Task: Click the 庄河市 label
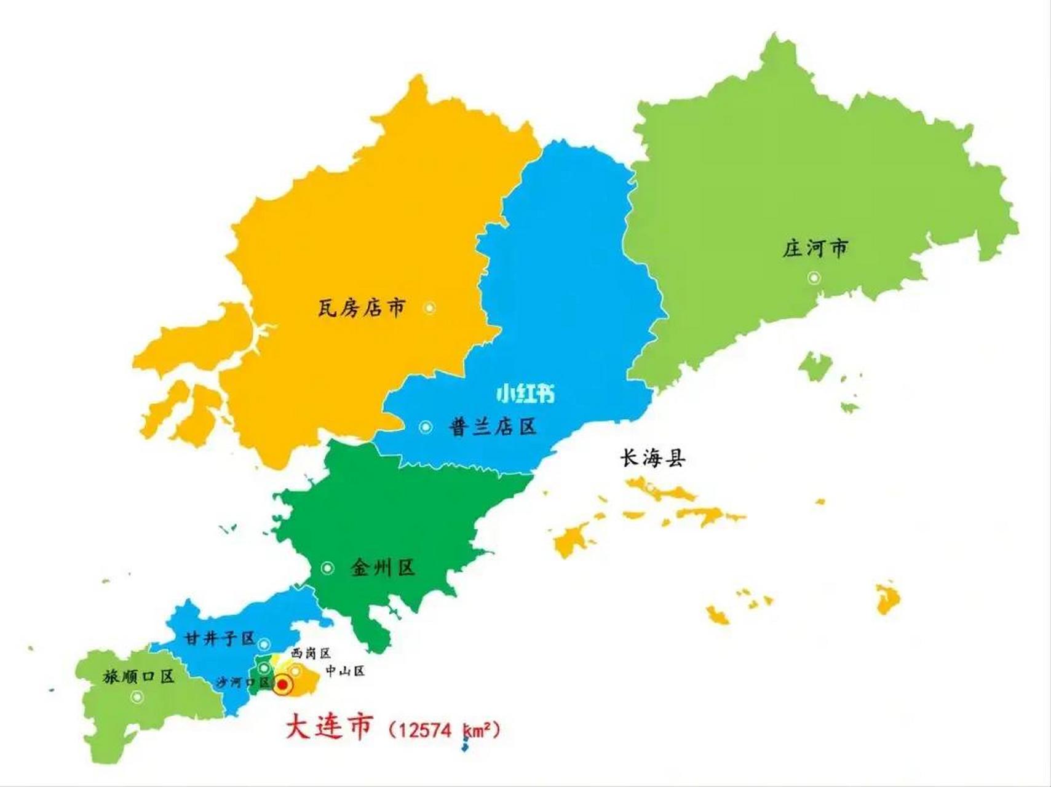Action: point(815,249)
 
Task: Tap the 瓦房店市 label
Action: point(362,307)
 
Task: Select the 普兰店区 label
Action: point(493,427)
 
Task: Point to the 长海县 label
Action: point(652,458)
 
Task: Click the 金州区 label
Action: point(383,568)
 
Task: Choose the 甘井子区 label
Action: point(220,639)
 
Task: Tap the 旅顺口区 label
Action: point(139,677)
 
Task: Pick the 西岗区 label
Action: point(311,653)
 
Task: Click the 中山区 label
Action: point(345,671)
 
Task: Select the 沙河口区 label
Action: point(243,682)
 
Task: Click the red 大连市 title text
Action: point(329,727)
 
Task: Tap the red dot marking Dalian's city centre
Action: point(283,684)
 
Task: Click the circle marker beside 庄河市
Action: point(814,278)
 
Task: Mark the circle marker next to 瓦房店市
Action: point(430,307)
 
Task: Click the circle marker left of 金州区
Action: point(327,568)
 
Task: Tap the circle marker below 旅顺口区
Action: point(137,697)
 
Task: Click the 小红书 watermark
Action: point(525,393)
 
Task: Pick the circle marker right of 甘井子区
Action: point(264,644)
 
